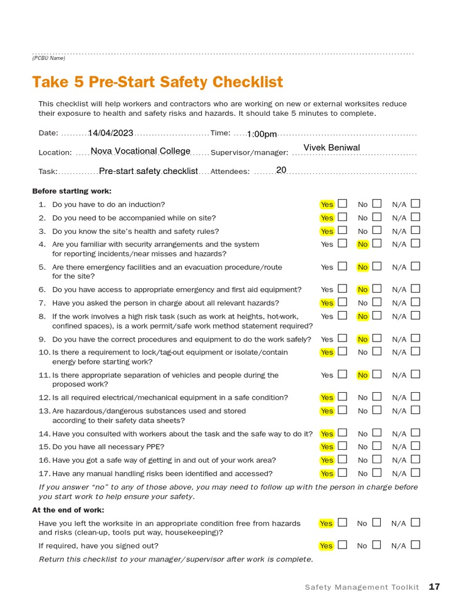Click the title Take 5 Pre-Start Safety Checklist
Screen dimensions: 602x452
point(157,82)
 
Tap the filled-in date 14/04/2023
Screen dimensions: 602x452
point(111,133)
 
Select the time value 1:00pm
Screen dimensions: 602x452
point(262,134)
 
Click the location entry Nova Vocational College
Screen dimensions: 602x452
point(141,151)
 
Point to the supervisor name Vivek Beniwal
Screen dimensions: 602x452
point(331,148)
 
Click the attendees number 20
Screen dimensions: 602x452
point(281,170)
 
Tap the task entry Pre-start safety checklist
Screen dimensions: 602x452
point(148,171)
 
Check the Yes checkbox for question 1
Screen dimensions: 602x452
point(343,203)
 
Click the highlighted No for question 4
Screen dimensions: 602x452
point(363,244)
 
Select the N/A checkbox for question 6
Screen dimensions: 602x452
point(416,289)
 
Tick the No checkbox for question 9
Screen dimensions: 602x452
point(377,338)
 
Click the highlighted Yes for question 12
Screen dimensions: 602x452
point(327,397)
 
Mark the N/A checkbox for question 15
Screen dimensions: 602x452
point(416,446)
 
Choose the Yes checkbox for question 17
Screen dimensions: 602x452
point(343,472)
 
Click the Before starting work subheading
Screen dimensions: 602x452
point(72,191)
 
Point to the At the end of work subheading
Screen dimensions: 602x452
point(68,510)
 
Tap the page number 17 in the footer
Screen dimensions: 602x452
point(434,587)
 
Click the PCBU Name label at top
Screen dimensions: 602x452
point(49,58)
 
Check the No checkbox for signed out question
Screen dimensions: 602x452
point(377,544)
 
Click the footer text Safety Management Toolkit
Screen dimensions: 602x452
point(362,587)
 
